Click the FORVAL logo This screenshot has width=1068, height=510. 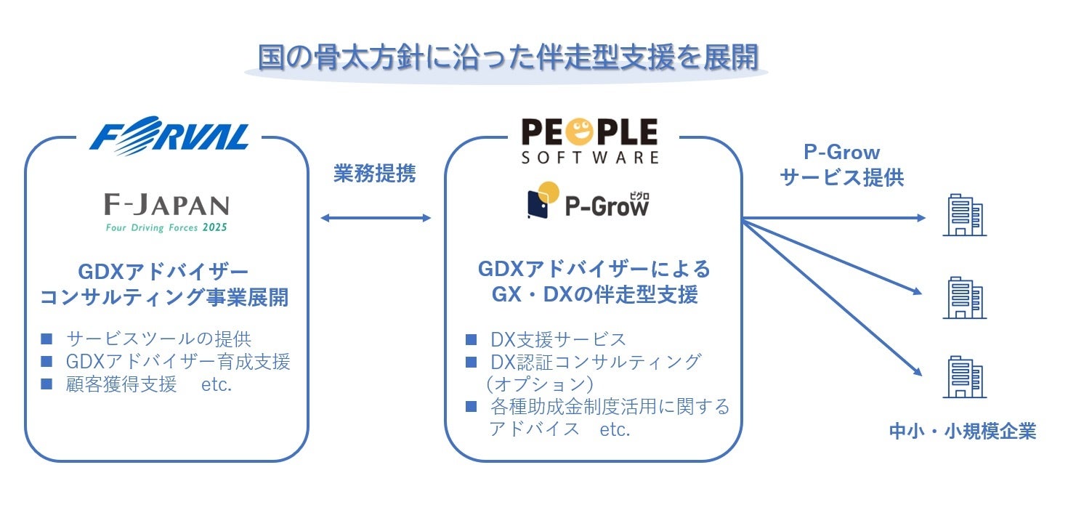click(169, 136)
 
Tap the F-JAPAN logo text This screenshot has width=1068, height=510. click(166, 206)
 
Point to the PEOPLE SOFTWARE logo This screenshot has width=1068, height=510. click(589, 140)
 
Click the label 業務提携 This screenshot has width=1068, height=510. click(375, 174)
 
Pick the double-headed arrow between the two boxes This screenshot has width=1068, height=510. click(376, 218)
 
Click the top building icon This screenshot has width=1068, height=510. click(964, 215)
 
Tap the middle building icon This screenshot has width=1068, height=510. click(964, 298)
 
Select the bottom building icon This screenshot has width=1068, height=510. click(964, 377)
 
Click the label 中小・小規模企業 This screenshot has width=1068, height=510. click(963, 432)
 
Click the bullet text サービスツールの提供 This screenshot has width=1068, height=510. click(158, 339)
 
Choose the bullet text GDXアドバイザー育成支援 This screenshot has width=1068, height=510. click(177, 361)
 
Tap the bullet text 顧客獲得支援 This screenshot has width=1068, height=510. click(121, 384)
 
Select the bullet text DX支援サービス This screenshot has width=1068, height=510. click(557, 339)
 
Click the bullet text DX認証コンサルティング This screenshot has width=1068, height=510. click(595, 361)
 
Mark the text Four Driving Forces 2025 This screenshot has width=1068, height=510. click(166, 227)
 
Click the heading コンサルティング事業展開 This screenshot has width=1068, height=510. click(164, 297)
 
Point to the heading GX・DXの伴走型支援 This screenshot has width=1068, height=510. click(594, 294)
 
